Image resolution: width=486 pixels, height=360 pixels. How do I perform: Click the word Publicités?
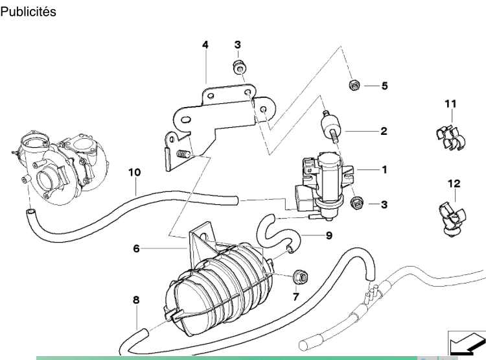coord(29,12)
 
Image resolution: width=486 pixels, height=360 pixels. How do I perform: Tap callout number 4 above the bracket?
coord(205,45)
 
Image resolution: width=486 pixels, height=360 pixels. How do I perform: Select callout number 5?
coord(385,86)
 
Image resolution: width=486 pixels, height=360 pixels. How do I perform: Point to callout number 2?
coord(384,131)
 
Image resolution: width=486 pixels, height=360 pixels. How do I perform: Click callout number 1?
coord(385,170)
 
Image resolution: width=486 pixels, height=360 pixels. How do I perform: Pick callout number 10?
coord(135,173)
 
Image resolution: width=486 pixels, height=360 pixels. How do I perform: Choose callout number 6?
coord(136,248)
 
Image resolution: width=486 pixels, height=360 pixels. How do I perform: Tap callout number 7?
coord(295,297)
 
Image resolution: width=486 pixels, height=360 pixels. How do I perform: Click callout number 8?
coord(136,300)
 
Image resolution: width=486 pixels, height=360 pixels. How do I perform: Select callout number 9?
coord(329,235)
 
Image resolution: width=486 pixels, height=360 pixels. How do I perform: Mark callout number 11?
coord(450,104)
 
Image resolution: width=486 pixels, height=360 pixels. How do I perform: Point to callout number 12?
coord(454,184)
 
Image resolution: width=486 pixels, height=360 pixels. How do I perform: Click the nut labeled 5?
coord(354,84)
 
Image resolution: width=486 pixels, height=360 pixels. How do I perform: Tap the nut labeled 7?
coord(300,276)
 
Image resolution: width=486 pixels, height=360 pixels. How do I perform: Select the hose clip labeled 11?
coord(450,138)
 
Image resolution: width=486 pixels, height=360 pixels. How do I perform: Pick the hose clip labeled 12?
coord(452,219)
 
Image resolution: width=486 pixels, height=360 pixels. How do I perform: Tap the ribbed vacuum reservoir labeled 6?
coord(218,285)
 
